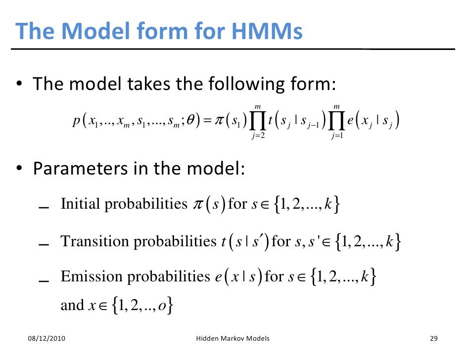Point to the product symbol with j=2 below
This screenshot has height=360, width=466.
point(257,120)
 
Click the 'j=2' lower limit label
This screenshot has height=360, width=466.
point(258,136)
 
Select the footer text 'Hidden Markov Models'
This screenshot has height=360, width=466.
point(233,339)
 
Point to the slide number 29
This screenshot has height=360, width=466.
point(434,339)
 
